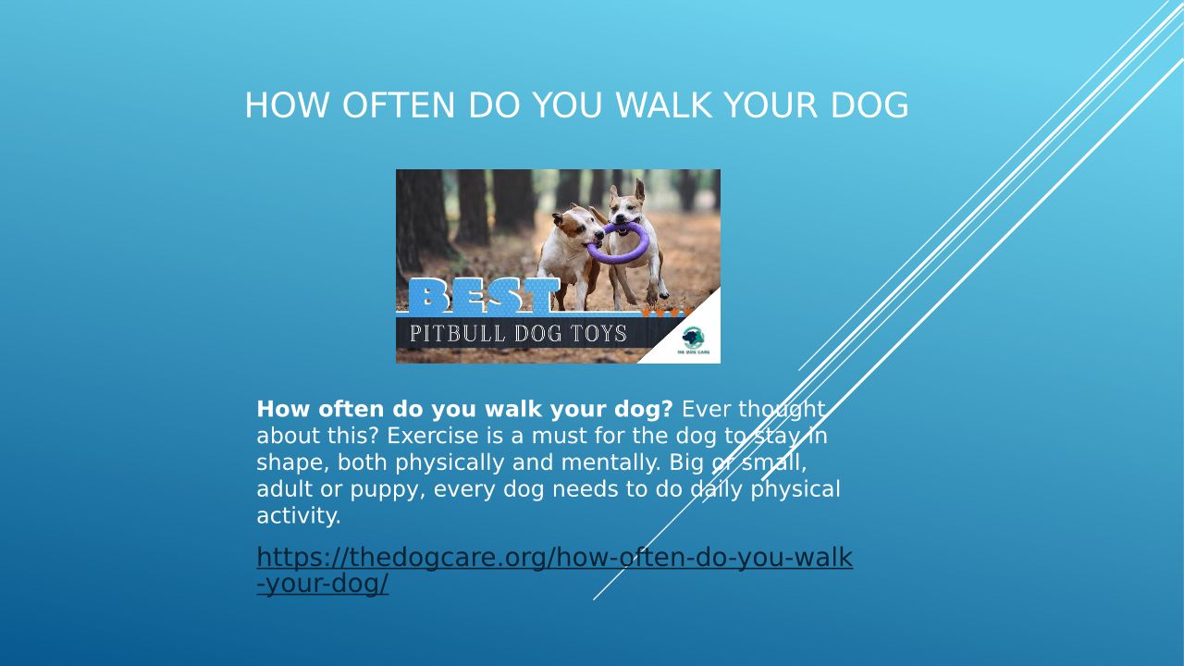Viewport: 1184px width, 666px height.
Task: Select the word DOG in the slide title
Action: click(x=869, y=105)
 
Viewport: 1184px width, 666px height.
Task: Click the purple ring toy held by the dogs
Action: click(x=618, y=243)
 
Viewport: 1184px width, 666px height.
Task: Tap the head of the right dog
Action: click(x=627, y=207)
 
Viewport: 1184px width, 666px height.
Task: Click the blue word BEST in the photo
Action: click(x=484, y=296)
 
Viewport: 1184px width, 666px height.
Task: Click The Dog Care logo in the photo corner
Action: click(x=694, y=340)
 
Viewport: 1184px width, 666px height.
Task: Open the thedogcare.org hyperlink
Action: click(x=554, y=571)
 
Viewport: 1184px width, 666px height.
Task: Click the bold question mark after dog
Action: click(x=667, y=409)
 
